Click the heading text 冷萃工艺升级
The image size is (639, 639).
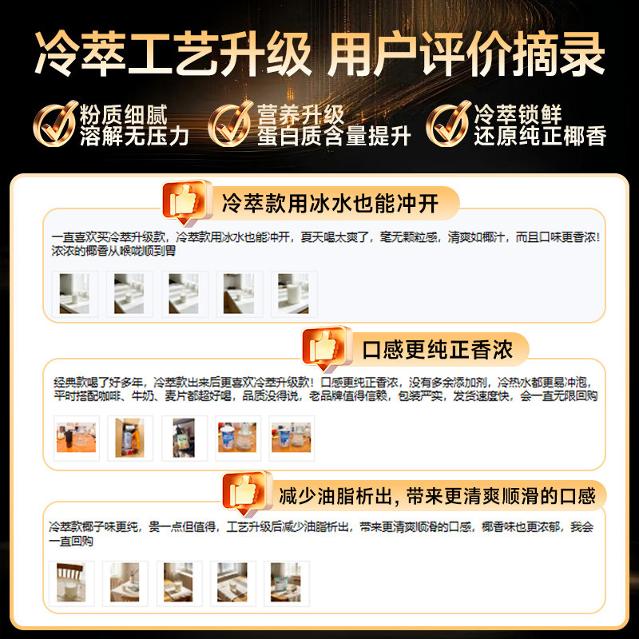point(173,54)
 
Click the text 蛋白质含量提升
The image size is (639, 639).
point(334,137)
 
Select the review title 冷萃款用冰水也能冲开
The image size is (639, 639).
point(330,204)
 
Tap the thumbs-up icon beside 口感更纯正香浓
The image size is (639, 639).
point(324,347)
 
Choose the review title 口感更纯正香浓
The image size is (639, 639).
point(435,349)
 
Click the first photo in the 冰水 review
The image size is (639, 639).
point(75,294)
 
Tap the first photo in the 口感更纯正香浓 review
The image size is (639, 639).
point(77,439)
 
